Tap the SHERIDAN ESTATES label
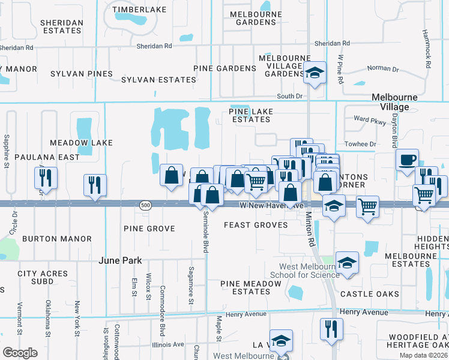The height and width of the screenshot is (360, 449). [61, 26]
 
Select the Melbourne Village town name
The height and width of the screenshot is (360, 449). [390, 102]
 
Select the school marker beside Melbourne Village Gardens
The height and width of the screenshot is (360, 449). [314, 74]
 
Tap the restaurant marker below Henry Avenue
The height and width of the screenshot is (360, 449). [331, 329]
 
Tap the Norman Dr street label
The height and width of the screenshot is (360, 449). [379, 68]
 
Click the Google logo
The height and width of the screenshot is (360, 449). [20, 352]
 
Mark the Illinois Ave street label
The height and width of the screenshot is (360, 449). [168, 344]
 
